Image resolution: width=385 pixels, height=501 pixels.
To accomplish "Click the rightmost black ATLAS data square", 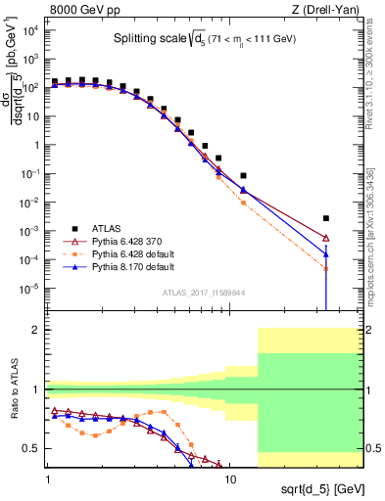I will (x=326, y=218).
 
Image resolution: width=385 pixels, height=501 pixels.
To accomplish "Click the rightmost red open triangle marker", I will (x=326, y=238).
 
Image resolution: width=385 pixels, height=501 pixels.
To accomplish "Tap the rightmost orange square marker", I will (x=326, y=269).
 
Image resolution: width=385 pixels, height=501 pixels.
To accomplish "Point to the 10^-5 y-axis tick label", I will (x=31, y=289).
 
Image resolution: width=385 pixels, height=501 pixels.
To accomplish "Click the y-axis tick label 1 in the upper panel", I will (x=37, y=145).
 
